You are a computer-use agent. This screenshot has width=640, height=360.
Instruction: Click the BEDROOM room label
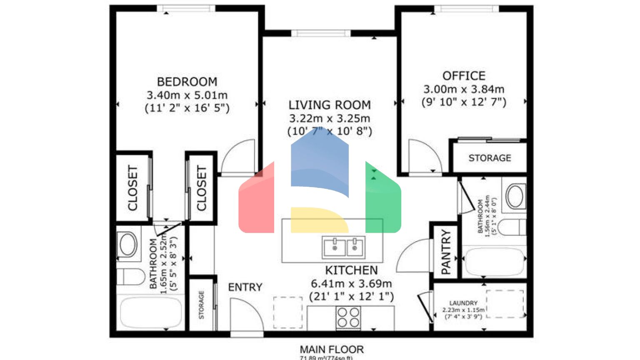(x=187, y=82)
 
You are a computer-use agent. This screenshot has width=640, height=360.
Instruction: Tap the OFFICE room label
(x=464, y=76)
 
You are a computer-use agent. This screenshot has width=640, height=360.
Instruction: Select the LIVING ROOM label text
(x=330, y=105)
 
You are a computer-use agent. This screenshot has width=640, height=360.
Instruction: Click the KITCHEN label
(x=351, y=270)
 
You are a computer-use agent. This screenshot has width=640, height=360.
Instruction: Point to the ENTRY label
(x=245, y=287)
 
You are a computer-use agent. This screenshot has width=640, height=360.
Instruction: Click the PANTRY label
(x=445, y=252)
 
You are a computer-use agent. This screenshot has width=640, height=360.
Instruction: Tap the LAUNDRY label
(x=463, y=303)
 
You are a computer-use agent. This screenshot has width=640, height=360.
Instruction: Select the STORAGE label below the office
(x=490, y=158)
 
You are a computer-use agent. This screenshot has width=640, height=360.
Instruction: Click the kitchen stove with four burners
(x=348, y=317)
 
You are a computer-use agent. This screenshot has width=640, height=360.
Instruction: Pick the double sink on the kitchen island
(x=344, y=247)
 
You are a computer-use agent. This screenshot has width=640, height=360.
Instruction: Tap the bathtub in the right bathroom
(x=494, y=262)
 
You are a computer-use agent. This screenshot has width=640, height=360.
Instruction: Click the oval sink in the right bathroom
(x=515, y=196)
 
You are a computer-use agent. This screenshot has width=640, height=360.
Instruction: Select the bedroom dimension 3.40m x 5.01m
(x=187, y=95)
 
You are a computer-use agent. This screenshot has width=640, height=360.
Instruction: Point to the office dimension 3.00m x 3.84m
(x=464, y=89)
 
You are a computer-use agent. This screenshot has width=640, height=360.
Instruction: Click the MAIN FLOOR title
(x=332, y=349)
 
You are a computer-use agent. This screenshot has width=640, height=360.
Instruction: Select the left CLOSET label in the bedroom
(x=132, y=188)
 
